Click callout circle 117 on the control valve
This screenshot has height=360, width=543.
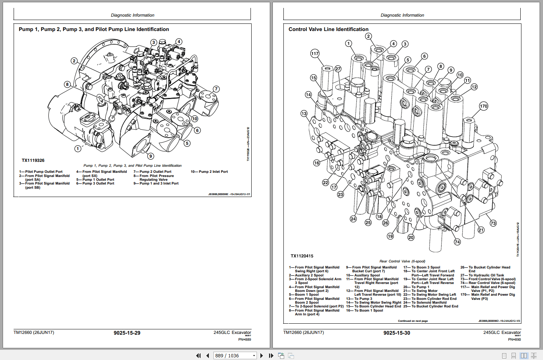click(315, 53)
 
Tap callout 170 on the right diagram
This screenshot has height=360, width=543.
click(484, 106)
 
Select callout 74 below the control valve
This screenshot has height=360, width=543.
click(457, 242)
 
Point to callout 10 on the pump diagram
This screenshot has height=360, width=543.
click(194, 119)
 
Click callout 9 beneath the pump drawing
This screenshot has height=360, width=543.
click(151, 156)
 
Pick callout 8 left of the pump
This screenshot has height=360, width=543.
click(67, 84)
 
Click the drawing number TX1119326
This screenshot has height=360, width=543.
click(33, 160)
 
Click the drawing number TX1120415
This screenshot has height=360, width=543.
click(302, 256)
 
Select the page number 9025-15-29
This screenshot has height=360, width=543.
click(127, 333)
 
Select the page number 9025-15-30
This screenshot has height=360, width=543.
click(397, 333)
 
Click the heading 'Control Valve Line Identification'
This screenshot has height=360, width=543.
click(328, 29)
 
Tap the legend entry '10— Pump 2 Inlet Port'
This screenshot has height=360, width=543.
click(209, 172)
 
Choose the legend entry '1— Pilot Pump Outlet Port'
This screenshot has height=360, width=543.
click(41, 172)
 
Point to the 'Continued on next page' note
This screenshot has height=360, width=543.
click(412, 321)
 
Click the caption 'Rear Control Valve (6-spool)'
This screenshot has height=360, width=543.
click(402, 261)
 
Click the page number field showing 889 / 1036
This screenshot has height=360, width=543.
click(232, 355)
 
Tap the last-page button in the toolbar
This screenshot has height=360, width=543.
click(271, 355)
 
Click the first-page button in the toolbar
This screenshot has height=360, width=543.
click(198, 355)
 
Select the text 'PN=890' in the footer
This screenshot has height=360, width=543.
click(514, 340)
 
